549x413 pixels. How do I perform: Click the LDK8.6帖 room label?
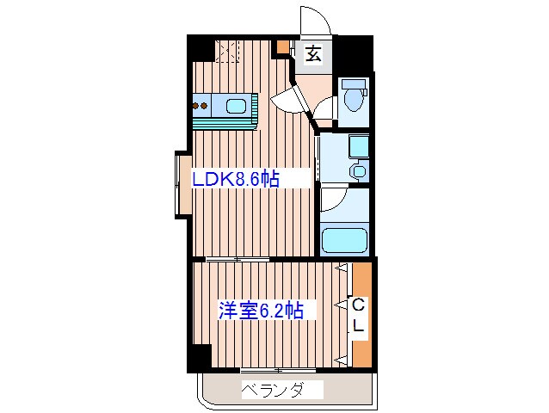(x=236, y=179)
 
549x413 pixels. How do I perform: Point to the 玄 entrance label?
(x=313, y=53)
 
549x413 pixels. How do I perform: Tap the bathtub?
(x=344, y=240)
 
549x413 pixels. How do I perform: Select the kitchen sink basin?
(x=235, y=108)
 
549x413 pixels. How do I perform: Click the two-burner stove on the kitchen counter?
(x=203, y=108)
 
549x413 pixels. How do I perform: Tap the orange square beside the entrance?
(x=283, y=48)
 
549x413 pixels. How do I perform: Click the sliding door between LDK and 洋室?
(x=237, y=259)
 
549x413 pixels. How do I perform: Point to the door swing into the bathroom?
(x=333, y=200)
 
